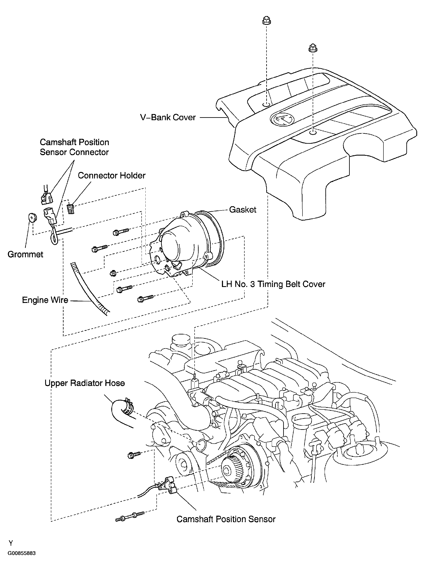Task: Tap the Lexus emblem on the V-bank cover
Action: point(282,119)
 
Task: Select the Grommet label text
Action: point(25,254)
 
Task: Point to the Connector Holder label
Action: point(112,175)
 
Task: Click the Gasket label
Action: point(243,210)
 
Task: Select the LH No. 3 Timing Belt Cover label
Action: point(273,284)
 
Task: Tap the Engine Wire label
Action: point(45,300)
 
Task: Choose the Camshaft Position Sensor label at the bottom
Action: point(226,519)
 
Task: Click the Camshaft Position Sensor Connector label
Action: point(74,147)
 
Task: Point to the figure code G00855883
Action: point(22,553)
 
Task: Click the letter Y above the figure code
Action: point(11,543)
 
